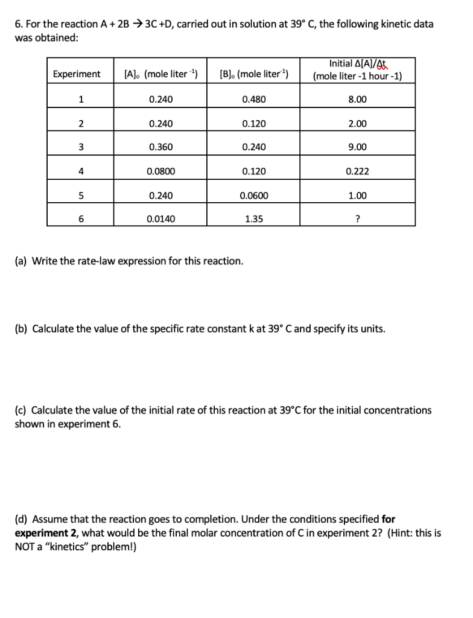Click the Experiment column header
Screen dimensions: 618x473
click(77, 74)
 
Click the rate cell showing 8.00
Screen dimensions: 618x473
click(357, 99)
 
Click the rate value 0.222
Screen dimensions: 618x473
click(357, 171)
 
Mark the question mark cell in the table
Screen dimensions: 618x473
click(357, 220)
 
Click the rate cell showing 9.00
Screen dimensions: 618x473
click(357, 147)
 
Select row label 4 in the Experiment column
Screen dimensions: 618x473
click(80, 171)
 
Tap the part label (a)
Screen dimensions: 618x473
click(21, 261)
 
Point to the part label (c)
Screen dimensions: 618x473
click(21, 410)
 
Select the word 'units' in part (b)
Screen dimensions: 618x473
click(370, 330)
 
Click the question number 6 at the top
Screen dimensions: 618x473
click(18, 24)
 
